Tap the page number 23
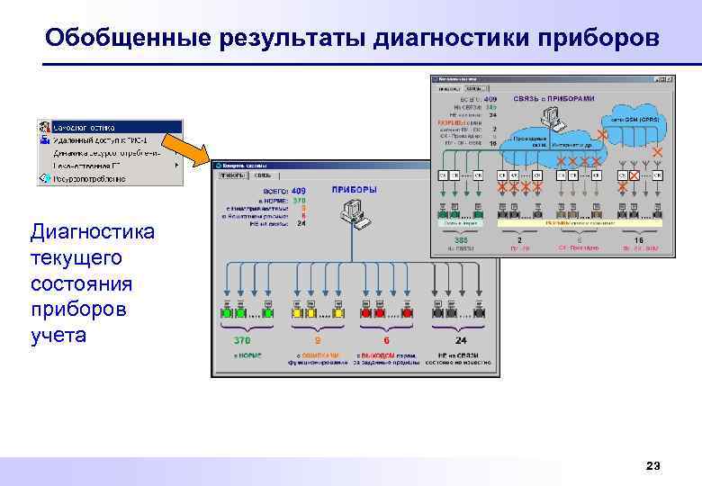click(653, 465)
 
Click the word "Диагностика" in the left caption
click(93, 232)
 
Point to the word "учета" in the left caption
click(58, 337)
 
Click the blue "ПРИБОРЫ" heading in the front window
click(354, 190)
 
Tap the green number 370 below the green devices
click(241, 341)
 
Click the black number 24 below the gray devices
click(461, 341)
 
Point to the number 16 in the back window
click(639, 241)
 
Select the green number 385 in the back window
click(461, 241)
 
